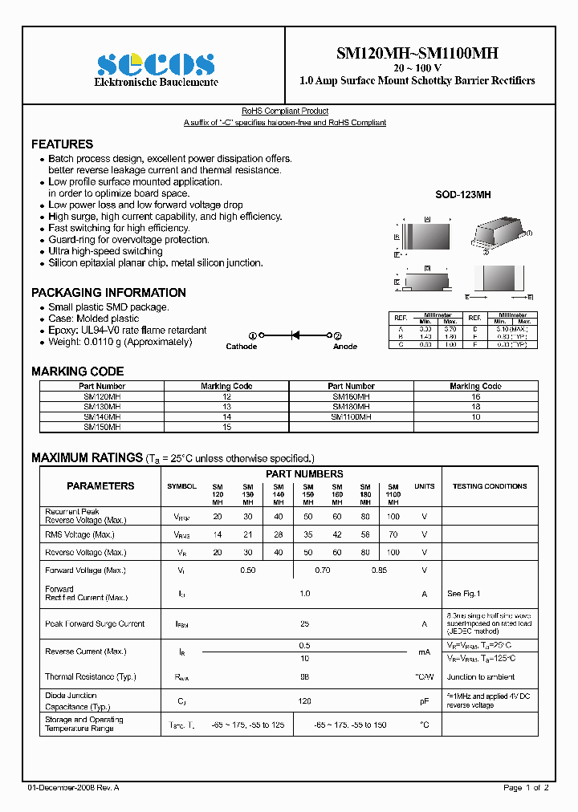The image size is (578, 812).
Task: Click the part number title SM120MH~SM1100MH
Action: coord(417,53)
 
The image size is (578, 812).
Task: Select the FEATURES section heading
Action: coord(62,144)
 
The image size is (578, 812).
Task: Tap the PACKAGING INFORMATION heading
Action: coord(108,293)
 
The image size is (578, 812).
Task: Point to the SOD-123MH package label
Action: coord(462,195)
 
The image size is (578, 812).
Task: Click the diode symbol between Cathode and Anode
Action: coord(295,335)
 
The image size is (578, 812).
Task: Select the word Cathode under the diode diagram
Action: coord(241,347)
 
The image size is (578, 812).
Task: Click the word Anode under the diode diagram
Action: coord(345,347)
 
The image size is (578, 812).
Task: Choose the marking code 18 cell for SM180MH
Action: coord(475,407)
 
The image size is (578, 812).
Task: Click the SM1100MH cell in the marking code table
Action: coord(351,416)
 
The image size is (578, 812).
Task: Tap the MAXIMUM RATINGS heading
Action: coord(87,458)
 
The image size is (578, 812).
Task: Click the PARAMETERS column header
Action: coord(100,486)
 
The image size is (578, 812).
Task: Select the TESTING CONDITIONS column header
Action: coord(489,486)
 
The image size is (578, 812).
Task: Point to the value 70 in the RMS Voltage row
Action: coord(393,534)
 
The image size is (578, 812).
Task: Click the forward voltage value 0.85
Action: coord(379,570)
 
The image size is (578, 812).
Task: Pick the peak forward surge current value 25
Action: coord(304,623)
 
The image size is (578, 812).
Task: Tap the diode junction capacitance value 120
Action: coord(304,700)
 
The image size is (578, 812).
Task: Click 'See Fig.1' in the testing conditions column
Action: coord(463,594)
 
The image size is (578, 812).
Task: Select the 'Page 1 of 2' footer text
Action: coord(526,788)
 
